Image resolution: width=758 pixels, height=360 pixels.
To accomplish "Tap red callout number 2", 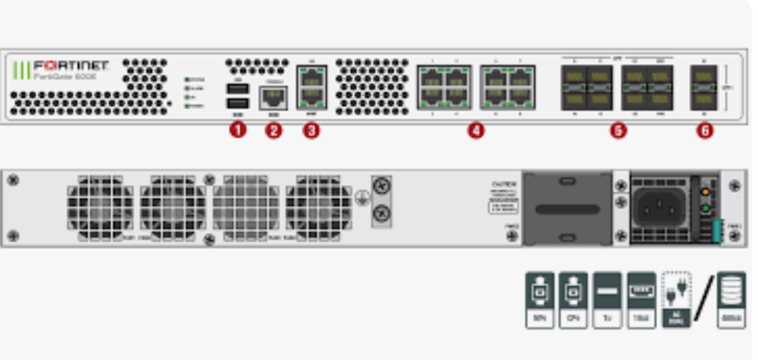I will click(273, 130).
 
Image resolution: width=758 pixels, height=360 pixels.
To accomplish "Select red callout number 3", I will click(311, 130).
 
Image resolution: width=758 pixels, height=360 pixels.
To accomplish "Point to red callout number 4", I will click(475, 130).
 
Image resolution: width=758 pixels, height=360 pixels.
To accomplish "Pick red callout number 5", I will click(618, 130).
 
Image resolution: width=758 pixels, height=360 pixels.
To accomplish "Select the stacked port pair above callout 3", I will click(311, 87).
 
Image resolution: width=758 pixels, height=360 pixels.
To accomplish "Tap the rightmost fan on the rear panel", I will click(319, 208).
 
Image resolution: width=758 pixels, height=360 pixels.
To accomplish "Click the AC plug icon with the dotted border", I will click(676, 300).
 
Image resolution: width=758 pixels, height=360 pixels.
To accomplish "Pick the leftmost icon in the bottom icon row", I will click(539, 300).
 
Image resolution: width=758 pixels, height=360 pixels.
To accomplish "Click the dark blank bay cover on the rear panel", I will click(567, 209).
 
